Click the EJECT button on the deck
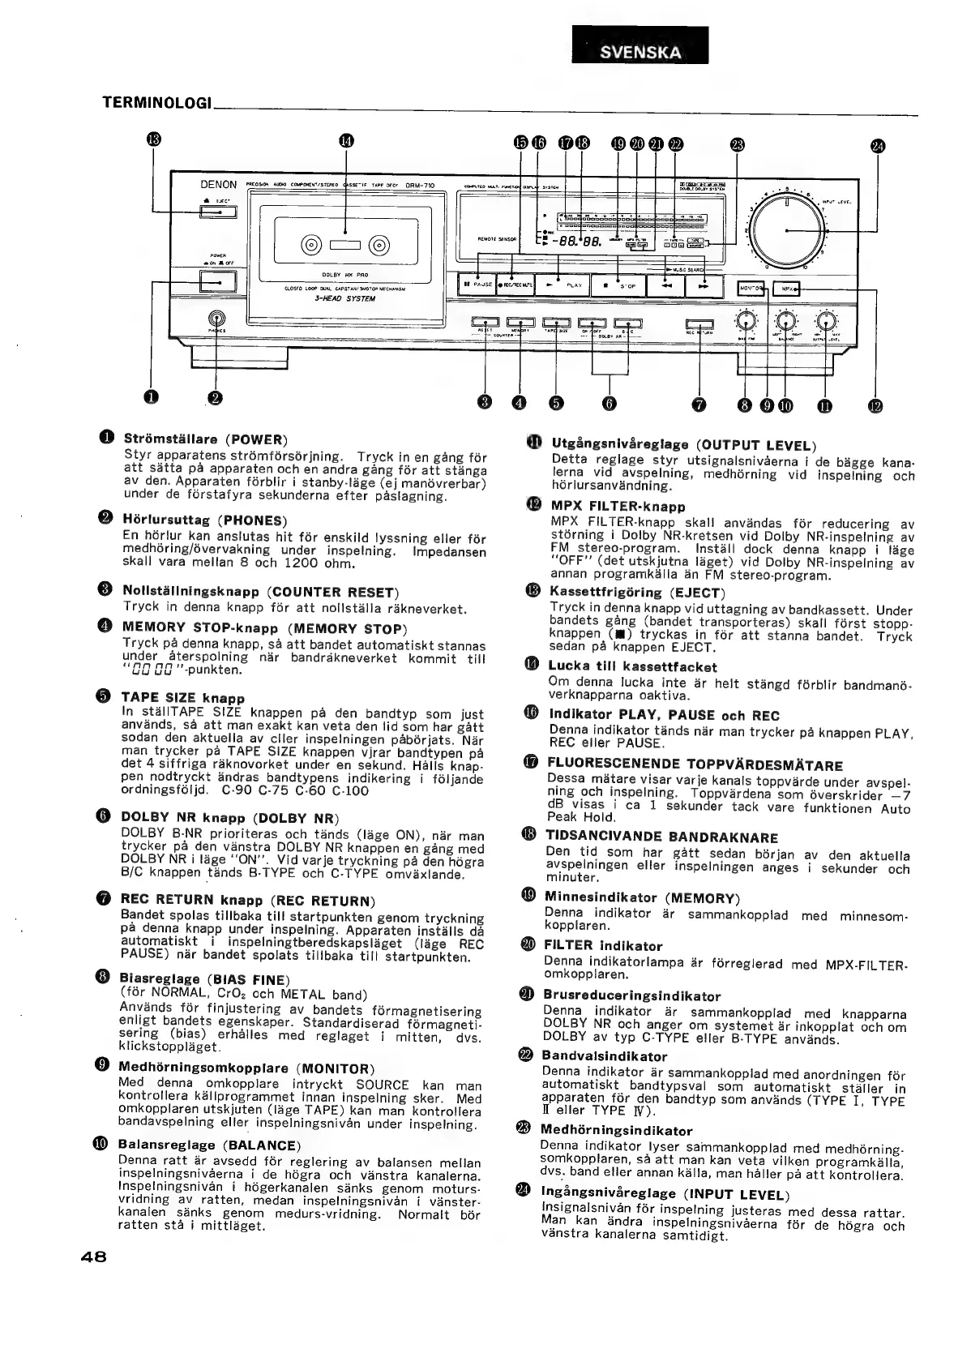(x=218, y=212)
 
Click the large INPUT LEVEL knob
(x=786, y=229)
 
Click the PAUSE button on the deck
(x=477, y=285)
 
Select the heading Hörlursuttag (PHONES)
(x=204, y=520)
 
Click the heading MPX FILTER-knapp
(x=618, y=507)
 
